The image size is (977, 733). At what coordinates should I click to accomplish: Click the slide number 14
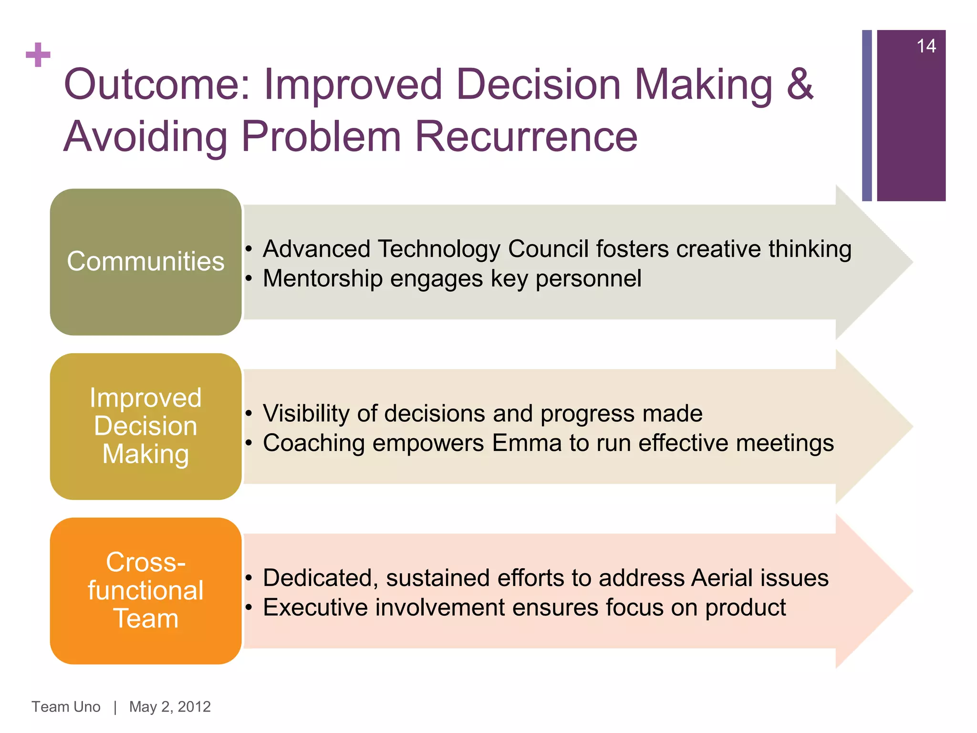point(926,46)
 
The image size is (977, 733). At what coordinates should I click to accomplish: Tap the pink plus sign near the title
point(38,55)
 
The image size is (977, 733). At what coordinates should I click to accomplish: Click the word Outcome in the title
point(157,84)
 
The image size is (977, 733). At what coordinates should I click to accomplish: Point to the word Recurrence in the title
point(526,137)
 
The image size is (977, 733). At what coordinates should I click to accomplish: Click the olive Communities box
point(146,262)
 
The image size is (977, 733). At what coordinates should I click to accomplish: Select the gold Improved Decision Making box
point(146,426)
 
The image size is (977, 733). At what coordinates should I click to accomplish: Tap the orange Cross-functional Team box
point(146,591)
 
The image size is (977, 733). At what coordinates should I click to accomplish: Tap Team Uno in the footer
point(66,707)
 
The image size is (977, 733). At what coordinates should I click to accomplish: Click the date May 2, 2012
point(170,707)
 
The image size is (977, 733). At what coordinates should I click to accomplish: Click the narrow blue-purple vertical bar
point(867,115)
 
